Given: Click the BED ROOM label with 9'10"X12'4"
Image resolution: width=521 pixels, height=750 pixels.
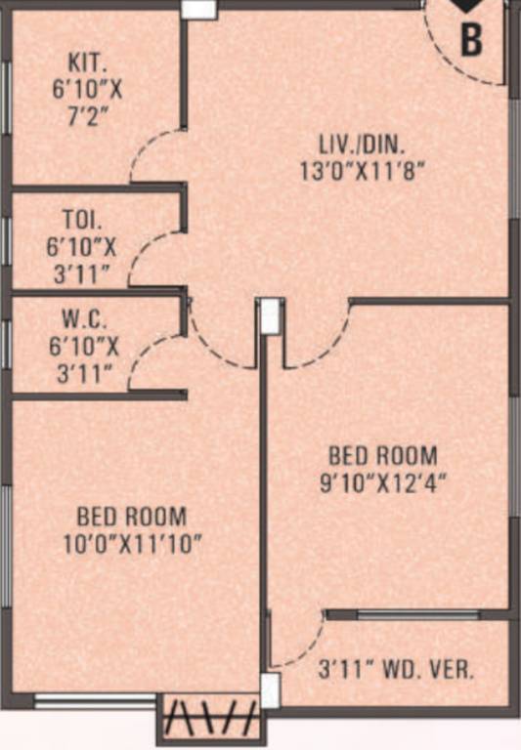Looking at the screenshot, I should [382, 456].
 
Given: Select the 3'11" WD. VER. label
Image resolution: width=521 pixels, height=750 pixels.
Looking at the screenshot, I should [397, 671].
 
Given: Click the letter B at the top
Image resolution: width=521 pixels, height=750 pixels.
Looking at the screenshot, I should [471, 40].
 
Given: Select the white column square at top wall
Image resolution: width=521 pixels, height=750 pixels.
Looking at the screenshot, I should [198, 8].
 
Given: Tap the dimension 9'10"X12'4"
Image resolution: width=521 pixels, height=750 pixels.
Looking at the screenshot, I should [381, 482].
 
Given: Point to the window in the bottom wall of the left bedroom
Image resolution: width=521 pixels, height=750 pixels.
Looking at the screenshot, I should [95, 700].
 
